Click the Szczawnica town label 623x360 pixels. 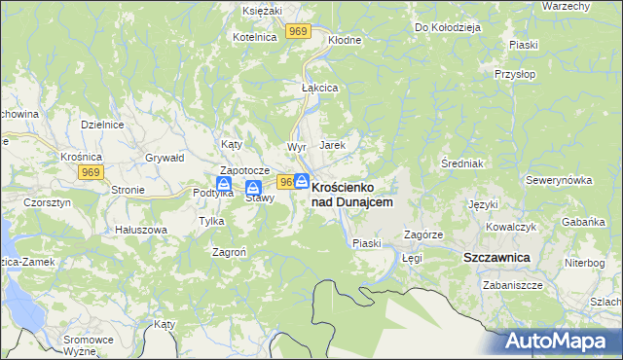[x=495, y=257]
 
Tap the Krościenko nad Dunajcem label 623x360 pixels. [x=352, y=194]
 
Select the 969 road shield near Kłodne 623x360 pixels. [x=299, y=33]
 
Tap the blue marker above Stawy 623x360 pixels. [x=253, y=188]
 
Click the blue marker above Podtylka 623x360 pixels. [x=224, y=182]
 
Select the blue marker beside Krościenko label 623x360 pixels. [x=302, y=181]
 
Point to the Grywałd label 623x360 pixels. [x=164, y=157]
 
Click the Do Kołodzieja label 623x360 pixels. [x=448, y=27]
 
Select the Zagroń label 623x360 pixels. [x=229, y=251]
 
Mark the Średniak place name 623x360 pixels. [x=462, y=162]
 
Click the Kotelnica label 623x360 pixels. [x=255, y=36]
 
